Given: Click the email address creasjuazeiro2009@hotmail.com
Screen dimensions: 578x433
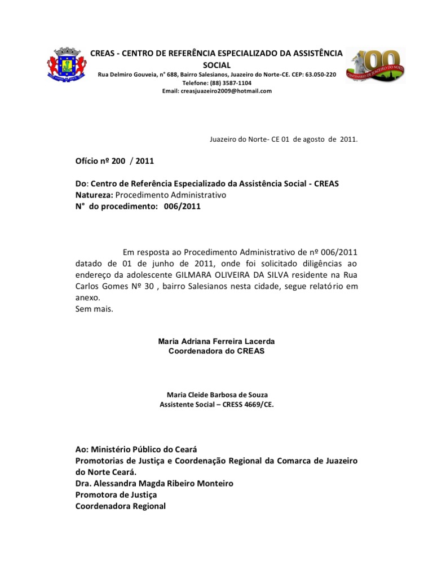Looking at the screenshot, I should pyautogui.click(x=217, y=91).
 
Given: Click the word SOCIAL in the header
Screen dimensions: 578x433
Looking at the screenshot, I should pyautogui.click(x=216, y=65).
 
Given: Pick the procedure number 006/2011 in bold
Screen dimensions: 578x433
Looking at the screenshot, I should pyautogui.click(x=182, y=207).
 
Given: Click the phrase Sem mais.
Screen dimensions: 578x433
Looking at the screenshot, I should pyautogui.click(x=94, y=309).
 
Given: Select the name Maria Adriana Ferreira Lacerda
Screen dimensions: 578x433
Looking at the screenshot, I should pyautogui.click(x=216, y=341).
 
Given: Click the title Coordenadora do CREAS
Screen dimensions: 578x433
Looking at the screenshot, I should pyautogui.click(x=216, y=351).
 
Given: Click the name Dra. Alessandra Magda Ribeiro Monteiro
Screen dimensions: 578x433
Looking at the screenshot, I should pyautogui.click(x=154, y=484).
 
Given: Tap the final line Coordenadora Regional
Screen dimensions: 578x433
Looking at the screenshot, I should pyautogui.click(x=121, y=506).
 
